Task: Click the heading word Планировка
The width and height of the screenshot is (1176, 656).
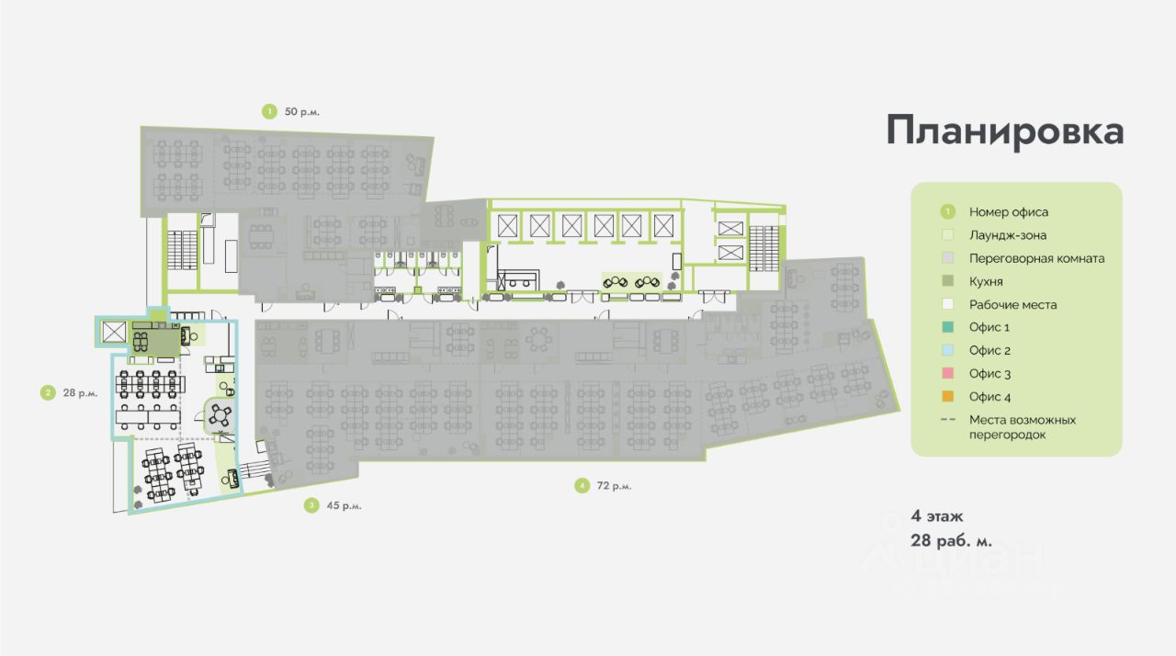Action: pos(1004,130)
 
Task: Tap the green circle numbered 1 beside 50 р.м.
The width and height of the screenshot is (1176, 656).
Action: pos(269,111)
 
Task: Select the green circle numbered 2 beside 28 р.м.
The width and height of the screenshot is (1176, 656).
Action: pos(47,393)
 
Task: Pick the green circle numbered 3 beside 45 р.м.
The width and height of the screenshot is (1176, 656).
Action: pos(312,504)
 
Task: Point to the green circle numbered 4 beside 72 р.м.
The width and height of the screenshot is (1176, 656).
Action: pos(582,485)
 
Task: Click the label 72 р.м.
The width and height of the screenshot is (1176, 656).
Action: pos(614,485)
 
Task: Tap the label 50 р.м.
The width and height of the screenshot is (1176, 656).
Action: pos(302,111)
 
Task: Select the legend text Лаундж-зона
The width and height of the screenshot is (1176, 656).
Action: pos(1007,235)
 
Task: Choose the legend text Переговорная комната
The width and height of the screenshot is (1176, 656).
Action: pos(1036,258)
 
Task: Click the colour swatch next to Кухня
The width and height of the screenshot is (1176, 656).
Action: pos(949,281)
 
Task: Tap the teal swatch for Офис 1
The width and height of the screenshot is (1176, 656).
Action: pos(949,327)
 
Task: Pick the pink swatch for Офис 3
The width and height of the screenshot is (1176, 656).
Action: pos(949,373)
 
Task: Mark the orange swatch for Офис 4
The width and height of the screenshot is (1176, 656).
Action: pos(949,396)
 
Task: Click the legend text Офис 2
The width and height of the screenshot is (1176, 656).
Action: pos(989,350)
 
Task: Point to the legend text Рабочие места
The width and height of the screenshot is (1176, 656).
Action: pos(1012,304)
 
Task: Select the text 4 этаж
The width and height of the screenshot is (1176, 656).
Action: pos(937,516)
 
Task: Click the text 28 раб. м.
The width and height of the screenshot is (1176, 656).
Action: pos(951,540)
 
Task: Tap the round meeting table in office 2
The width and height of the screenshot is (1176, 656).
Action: pos(220,416)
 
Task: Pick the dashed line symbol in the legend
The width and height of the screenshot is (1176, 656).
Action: pos(949,420)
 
